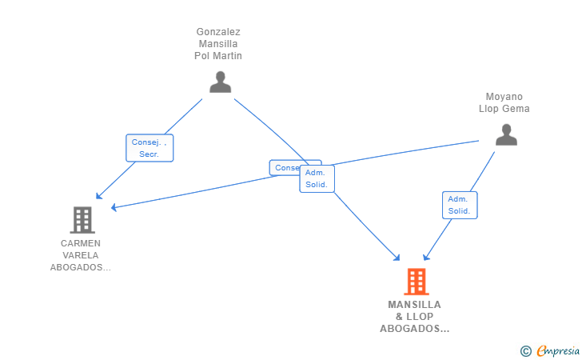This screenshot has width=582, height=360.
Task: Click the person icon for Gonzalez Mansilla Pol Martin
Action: tap(220, 82)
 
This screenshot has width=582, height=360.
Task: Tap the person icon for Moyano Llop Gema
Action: tap(506, 135)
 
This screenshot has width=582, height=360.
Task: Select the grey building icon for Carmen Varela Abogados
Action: tap(82, 219)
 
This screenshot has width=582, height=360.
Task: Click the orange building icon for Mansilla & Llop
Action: tap(416, 282)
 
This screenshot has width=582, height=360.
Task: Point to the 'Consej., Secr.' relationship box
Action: tap(149, 148)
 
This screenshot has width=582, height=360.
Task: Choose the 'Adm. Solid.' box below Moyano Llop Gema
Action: tap(459, 205)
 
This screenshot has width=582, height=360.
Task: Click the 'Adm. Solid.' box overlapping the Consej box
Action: tap(317, 178)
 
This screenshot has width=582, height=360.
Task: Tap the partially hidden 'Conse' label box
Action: tap(285, 168)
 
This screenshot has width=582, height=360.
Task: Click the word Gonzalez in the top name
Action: tap(218, 32)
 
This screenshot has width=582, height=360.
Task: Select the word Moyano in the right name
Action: tap(504, 97)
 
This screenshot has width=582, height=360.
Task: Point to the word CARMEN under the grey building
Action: tap(81, 243)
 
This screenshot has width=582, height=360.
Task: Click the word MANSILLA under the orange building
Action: tap(414, 305)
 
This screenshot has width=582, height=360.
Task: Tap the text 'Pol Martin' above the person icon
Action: tap(218, 56)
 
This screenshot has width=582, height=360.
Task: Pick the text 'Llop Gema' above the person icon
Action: tap(504, 109)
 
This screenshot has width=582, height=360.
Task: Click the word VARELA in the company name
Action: tap(81, 255)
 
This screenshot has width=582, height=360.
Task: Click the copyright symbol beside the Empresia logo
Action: tap(525, 350)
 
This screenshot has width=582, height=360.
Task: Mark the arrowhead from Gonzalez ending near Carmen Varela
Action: tap(98, 195)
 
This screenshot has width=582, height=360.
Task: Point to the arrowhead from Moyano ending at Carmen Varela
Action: tap(114, 208)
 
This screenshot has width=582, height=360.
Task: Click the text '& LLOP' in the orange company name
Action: tap(414, 317)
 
